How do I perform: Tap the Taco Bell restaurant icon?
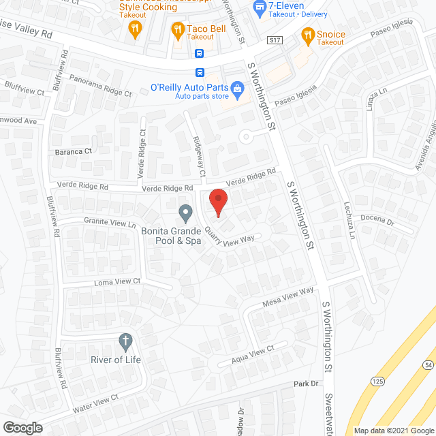pyautogui.click(x=178, y=29)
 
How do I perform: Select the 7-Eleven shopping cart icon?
pyautogui.click(x=259, y=7)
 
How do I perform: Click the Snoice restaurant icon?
pyautogui.click(x=307, y=35)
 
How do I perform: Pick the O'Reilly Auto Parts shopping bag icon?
pyautogui.click(x=237, y=88)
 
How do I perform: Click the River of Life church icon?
pyautogui.click(x=125, y=340)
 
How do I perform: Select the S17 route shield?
pyautogui.click(x=275, y=41)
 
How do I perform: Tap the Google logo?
pyautogui.click(x=22, y=427)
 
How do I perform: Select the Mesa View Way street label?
pyautogui.click(x=288, y=296)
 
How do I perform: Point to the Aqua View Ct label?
pyautogui.click(x=252, y=352)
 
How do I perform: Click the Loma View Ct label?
pyautogui.click(x=117, y=281)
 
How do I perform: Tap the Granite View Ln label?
pyautogui.click(x=110, y=222)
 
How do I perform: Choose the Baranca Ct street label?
pyautogui.click(x=74, y=152)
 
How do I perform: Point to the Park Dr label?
pyautogui.click(x=307, y=384)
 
